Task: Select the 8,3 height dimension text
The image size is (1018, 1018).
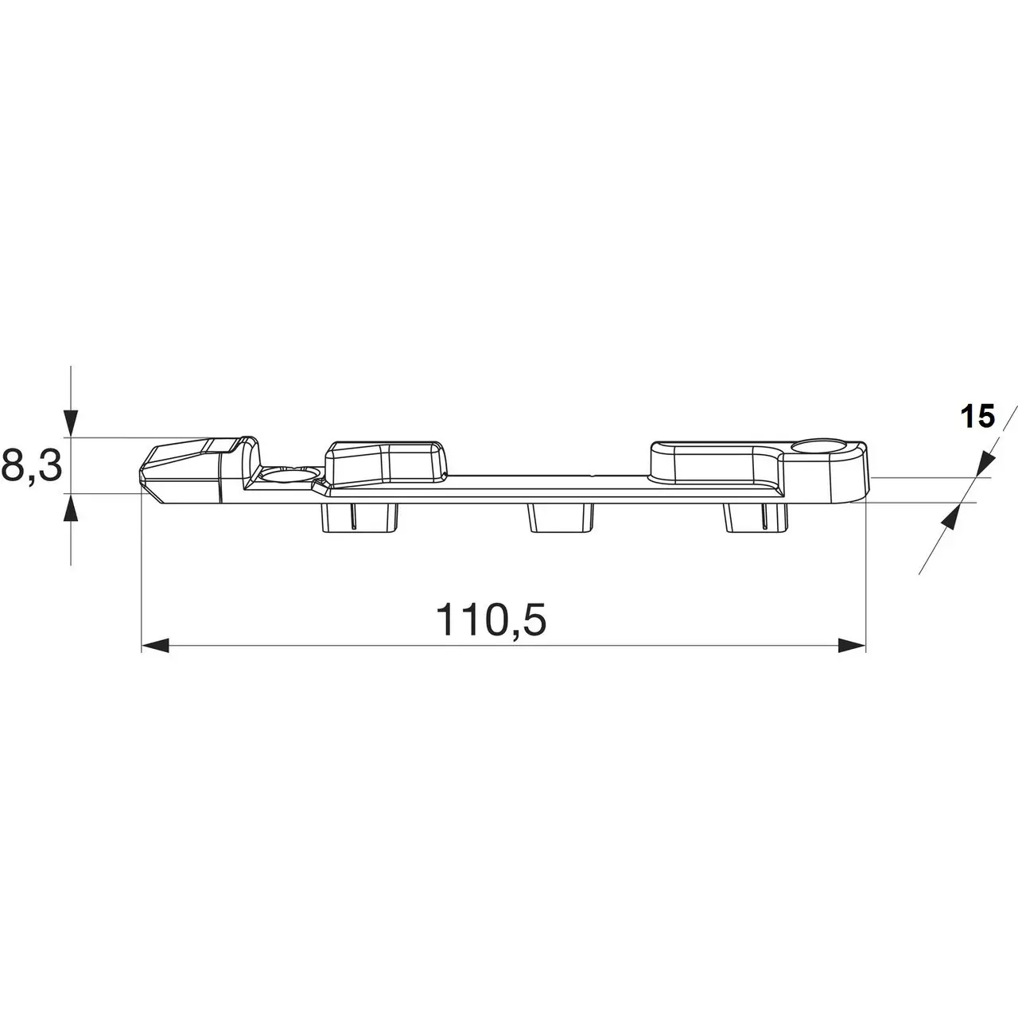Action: coord(31,465)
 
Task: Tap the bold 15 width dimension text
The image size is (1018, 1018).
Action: coord(978,417)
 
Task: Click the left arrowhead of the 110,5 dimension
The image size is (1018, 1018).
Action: coord(155,645)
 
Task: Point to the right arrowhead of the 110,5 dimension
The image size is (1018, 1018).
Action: coord(852,645)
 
